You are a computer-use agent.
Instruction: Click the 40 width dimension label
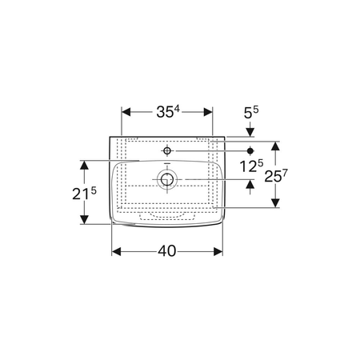(x=167, y=251)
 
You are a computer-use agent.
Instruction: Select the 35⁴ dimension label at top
(x=168, y=112)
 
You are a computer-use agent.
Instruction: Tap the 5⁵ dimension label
(x=251, y=113)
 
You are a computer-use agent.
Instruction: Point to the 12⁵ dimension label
(x=251, y=166)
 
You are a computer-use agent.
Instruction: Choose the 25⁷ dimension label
(x=276, y=176)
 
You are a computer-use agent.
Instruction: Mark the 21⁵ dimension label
(x=84, y=194)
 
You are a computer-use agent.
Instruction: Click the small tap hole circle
(x=167, y=151)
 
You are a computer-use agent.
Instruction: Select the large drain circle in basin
(x=167, y=179)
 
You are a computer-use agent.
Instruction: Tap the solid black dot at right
(x=250, y=151)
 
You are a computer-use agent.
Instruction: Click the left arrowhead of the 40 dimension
(x=116, y=251)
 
